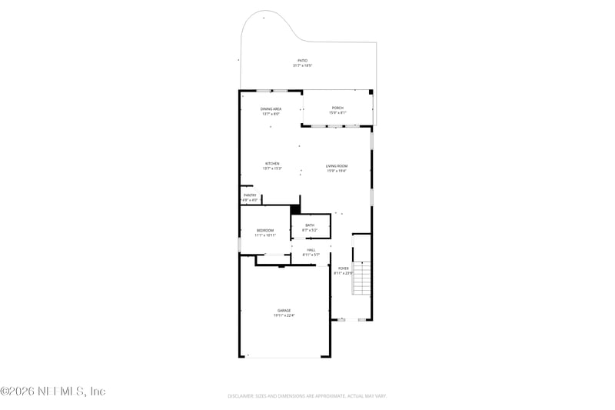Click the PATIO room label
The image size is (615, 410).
[302, 60]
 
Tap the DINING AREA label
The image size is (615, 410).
[271, 109]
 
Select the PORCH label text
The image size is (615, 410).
[337, 108]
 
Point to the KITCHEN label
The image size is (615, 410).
[272, 163]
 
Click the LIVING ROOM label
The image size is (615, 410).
[337, 166]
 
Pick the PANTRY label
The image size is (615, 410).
[250, 195]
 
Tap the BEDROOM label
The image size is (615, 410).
[264, 230]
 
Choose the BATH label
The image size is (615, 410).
[309, 225]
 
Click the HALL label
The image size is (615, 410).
[311, 249]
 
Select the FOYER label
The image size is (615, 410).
[342, 268]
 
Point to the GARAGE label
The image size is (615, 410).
[284, 310]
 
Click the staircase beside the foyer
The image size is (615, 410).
[362, 278]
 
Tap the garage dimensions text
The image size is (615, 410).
[284, 315]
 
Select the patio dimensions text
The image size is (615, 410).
[302, 65]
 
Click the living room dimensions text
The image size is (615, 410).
[337, 172]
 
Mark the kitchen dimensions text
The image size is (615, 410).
[272, 168]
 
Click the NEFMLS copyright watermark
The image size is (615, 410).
[53, 392]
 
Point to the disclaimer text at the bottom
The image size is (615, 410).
[307, 396]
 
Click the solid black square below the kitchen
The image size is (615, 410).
[295, 208]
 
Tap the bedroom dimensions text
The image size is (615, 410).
[264, 235]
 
